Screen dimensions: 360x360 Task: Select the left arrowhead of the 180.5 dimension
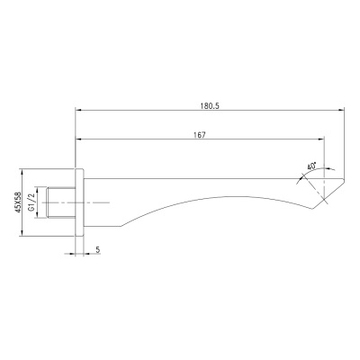click(77, 112)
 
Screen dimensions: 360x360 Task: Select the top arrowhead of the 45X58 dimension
click(21, 171)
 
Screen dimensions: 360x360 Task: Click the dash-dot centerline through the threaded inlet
click(99, 202)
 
